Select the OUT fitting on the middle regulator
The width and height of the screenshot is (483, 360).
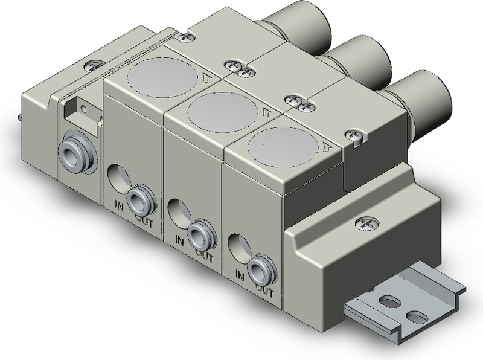point(199,232)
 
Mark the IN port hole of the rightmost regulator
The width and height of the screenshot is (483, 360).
point(237,245)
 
